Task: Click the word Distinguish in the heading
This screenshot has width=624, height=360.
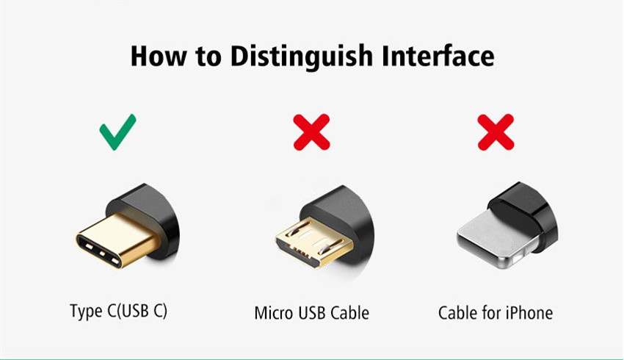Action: [x=301, y=56]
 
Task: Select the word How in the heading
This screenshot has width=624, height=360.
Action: [x=158, y=56]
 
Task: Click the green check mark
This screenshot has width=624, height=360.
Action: [x=117, y=132]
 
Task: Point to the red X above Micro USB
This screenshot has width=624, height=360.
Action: [x=311, y=132]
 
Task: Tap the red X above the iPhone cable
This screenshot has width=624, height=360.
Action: [x=496, y=132]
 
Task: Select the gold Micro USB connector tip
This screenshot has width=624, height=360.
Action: [x=313, y=243]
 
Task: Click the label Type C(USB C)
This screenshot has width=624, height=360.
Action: [x=119, y=311]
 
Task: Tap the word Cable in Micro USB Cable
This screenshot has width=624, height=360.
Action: [x=349, y=313]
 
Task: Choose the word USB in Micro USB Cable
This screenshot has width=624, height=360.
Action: [x=311, y=313]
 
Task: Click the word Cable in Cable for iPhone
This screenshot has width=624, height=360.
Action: [x=457, y=313]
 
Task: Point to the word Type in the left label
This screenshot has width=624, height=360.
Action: [x=86, y=311]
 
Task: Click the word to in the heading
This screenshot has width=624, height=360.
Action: [x=208, y=57]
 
